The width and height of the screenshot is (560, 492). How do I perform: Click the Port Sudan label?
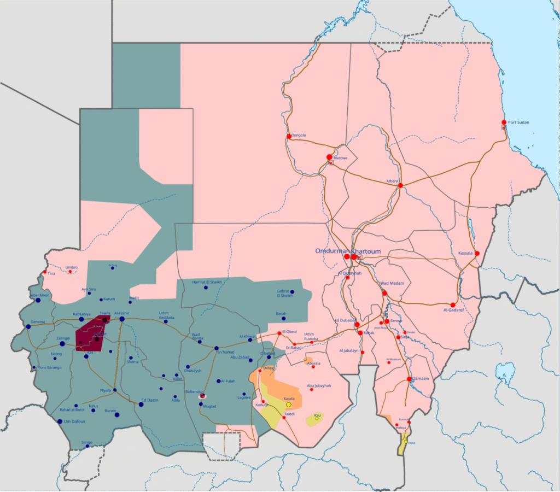pyautogui.click(x=520, y=122)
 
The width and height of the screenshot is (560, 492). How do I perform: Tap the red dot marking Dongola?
pyautogui.click(x=289, y=136)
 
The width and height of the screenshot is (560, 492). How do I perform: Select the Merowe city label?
pyautogui.click(x=340, y=157)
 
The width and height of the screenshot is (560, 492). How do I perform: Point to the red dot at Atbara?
pyautogui.click(x=400, y=186)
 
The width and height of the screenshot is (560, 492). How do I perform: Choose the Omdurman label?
pyautogui.click(x=332, y=250)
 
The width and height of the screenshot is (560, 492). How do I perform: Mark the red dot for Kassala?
pyautogui.click(x=477, y=254)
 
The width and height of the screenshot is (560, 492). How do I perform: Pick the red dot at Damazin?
pyautogui.click(x=409, y=379)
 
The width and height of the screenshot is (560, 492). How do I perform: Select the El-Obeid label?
pyautogui.click(x=289, y=331)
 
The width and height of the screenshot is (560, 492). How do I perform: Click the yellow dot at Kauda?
pyautogui.click(x=289, y=405)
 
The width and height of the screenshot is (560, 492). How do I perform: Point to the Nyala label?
pyautogui.click(x=105, y=390)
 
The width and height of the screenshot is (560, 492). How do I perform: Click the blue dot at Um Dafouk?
pyautogui.click(x=60, y=421)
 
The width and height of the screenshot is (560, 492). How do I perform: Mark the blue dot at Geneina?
pyautogui.click(x=28, y=327)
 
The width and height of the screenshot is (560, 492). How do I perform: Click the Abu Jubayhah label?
pyautogui.click(x=319, y=386)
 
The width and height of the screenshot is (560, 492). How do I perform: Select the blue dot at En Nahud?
pyautogui.click(x=216, y=348)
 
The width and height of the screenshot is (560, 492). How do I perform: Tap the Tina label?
pyautogui.click(x=51, y=273)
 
